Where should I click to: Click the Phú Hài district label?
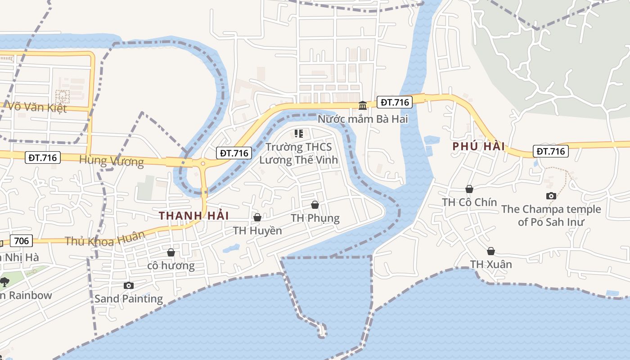(x=478, y=147)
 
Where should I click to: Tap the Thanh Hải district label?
(x=194, y=216)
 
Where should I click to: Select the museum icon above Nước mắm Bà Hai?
(x=363, y=105)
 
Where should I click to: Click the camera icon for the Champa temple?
(x=551, y=196)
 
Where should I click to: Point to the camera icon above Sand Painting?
(x=129, y=285)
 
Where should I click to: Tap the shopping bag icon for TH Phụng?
(x=315, y=205)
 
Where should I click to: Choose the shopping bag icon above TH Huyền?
(x=257, y=217)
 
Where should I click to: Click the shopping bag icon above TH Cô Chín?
(x=469, y=189)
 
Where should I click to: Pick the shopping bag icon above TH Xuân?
(x=491, y=251)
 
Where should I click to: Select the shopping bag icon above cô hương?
(x=171, y=252)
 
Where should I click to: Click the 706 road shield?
(x=21, y=241)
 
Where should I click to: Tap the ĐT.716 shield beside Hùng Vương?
(x=43, y=157)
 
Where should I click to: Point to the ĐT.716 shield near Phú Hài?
(x=551, y=151)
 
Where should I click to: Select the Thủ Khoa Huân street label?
(x=105, y=239)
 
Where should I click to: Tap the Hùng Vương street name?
(x=111, y=161)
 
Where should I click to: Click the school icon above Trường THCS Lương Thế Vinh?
(x=298, y=134)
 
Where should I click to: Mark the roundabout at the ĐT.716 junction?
(x=203, y=164)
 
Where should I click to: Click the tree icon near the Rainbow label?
(x=4, y=282)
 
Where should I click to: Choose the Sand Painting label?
(x=129, y=298)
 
